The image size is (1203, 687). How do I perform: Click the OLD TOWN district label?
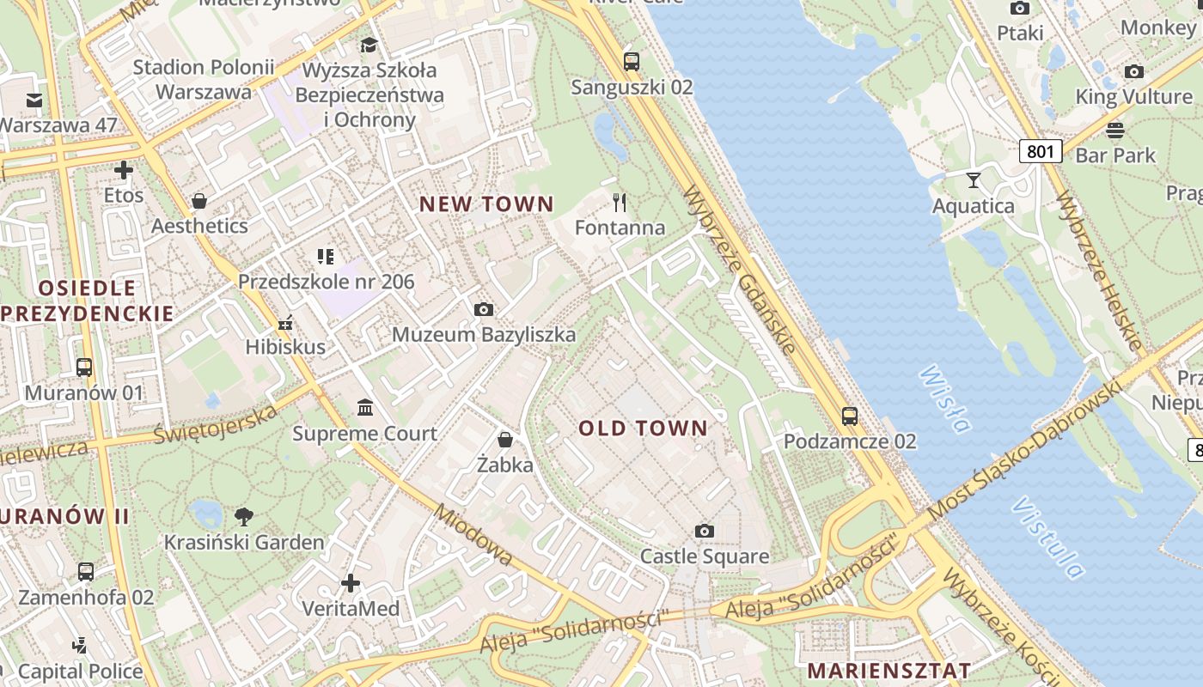[643, 428]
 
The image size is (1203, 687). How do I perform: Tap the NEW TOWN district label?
[486, 204]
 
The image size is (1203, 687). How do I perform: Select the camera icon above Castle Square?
[705, 531]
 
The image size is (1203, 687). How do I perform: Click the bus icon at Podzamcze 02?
[850, 416]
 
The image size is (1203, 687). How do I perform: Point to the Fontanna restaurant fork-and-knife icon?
[620, 203]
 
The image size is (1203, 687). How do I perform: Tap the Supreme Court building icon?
[365, 406]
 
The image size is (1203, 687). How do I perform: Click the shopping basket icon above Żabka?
[505, 440]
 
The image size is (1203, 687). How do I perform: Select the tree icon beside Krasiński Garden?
[244, 516]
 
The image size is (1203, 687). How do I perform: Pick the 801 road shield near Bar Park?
[1041, 152]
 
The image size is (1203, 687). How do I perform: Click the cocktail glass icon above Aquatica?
[973, 179]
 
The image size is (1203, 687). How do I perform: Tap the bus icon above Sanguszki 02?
[632, 61]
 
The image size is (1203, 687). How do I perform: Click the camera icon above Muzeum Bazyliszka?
[484, 309]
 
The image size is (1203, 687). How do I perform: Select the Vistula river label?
[1048, 537]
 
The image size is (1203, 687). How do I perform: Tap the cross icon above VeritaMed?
[351, 583]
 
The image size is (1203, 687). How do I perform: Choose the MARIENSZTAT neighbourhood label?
[889, 670]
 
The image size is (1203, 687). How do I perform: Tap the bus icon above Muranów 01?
[84, 367]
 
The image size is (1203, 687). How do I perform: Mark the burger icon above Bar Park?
[1115, 131]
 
